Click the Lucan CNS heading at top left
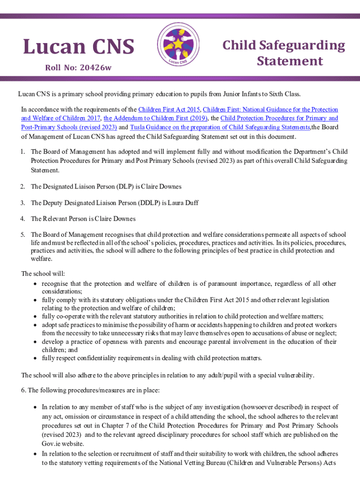(79, 47)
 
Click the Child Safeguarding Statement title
(283, 53)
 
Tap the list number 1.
(22, 152)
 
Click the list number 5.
(22, 234)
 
